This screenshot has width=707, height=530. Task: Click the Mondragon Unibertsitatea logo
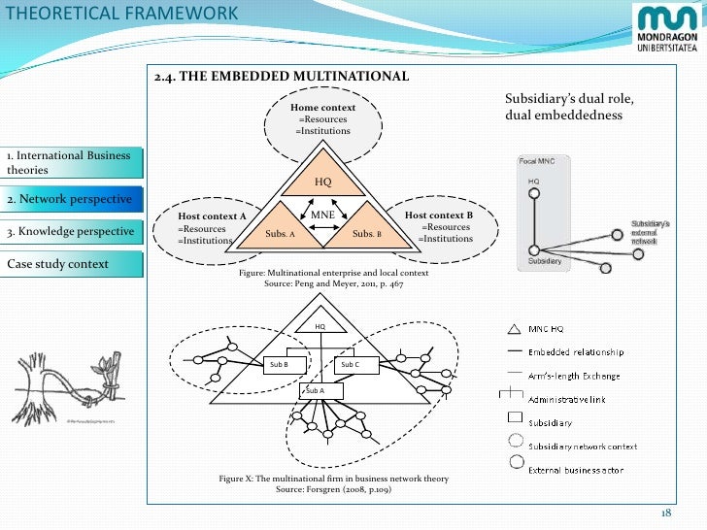pyautogui.click(x=666, y=28)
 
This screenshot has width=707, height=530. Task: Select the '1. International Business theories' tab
pyautogui.click(x=68, y=163)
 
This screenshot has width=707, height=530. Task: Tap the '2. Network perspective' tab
pyautogui.click(x=68, y=198)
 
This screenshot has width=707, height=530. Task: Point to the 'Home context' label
pyautogui.click(x=323, y=107)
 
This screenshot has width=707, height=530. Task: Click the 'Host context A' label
pyautogui.click(x=213, y=215)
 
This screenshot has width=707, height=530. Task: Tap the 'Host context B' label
pyautogui.click(x=438, y=215)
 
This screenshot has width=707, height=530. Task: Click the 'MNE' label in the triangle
pyautogui.click(x=322, y=214)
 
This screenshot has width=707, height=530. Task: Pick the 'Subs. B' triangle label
pyautogui.click(x=366, y=234)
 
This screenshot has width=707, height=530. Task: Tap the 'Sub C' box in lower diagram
pyautogui.click(x=350, y=364)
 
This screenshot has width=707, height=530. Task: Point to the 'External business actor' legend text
pyautogui.click(x=575, y=471)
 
